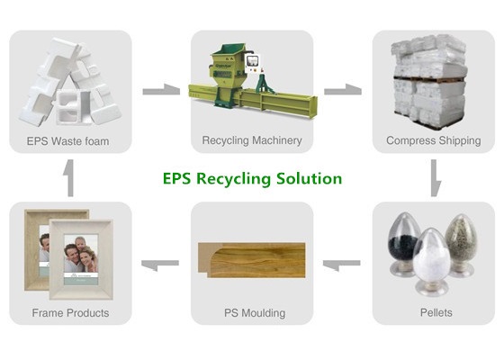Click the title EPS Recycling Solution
[x=252, y=179]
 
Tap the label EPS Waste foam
[x=67, y=141]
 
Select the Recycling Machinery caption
[x=252, y=140]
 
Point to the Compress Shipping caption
[x=434, y=140]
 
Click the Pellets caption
[x=436, y=312]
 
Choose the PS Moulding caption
[x=255, y=313]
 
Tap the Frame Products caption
[x=70, y=313]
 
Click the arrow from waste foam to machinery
[x=161, y=90]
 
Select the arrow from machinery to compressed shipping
[x=343, y=90]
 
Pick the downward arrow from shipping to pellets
[x=435, y=178]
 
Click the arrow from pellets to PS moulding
[x=341, y=265]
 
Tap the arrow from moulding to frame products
[x=160, y=265]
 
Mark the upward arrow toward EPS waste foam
[x=70, y=178]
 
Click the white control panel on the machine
[x=253, y=63]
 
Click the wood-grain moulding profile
[x=252, y=260]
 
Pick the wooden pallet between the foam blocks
[x=429, y=78]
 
